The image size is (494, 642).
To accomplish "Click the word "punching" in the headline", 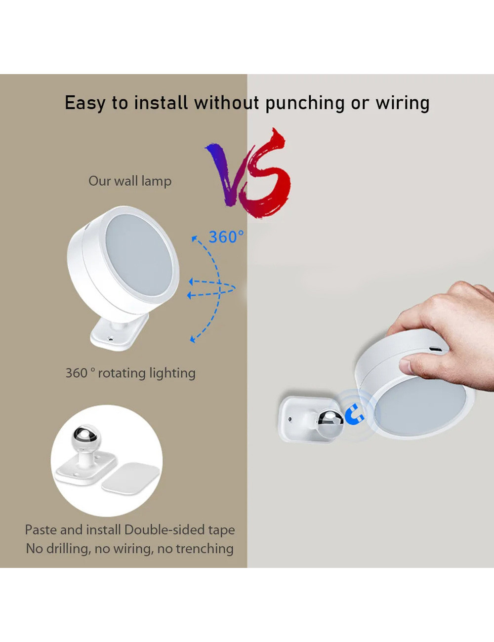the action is tap(304, 103).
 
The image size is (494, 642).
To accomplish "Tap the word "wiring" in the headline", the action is tap(403, 103).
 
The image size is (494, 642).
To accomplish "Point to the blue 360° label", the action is tap(226, 237).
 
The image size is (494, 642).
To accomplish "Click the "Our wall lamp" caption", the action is tap(130, 181).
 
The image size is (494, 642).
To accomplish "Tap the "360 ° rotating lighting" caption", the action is tap(130, 373).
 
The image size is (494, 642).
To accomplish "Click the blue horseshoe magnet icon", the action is tap(354, 415).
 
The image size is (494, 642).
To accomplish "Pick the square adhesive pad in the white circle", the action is tap(130, 478).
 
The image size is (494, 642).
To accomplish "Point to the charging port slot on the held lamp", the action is tap(436, 349).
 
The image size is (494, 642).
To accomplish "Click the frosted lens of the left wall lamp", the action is tap(139, 255).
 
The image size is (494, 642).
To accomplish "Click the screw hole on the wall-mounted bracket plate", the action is tap(290, 419).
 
